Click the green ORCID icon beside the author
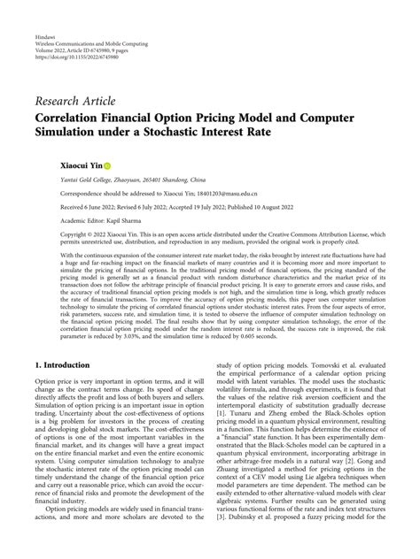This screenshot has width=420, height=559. click(107, 165)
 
